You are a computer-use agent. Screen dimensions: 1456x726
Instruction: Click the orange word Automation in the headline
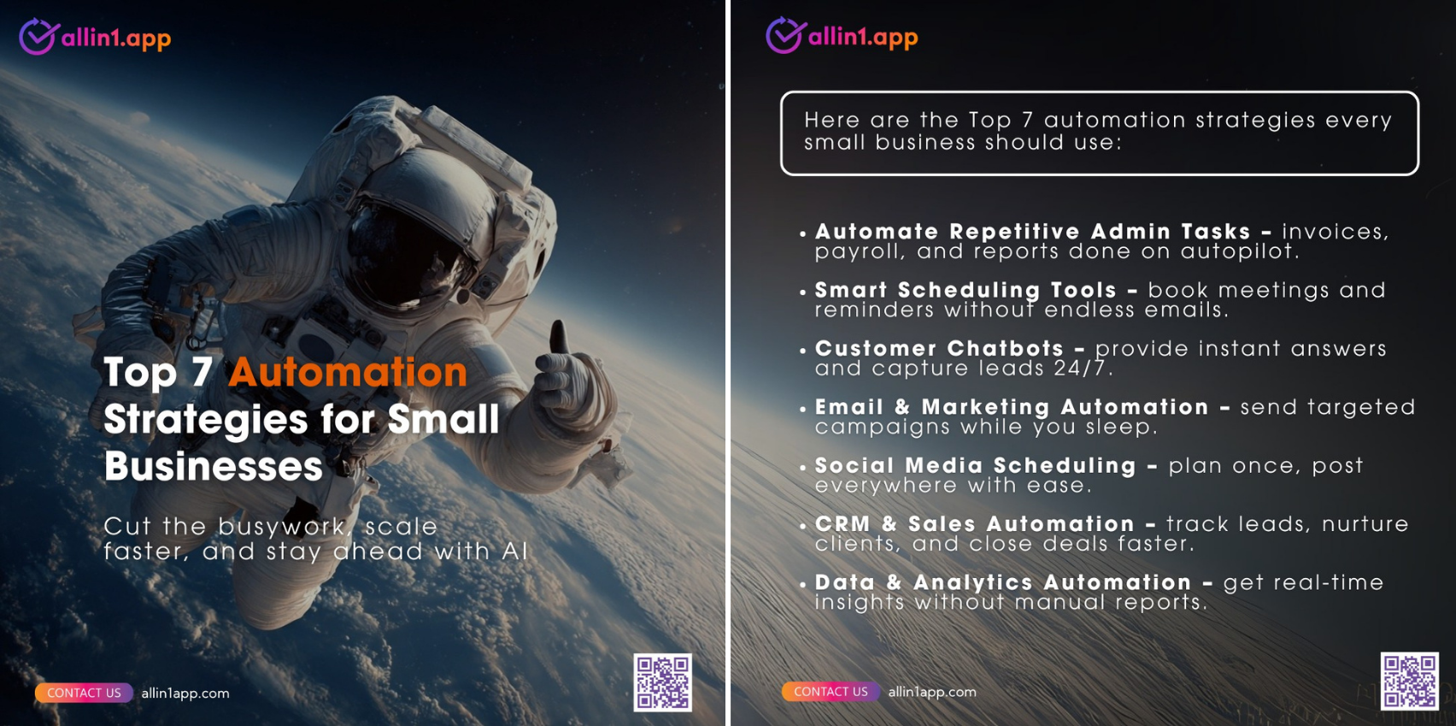(x=348, y=373)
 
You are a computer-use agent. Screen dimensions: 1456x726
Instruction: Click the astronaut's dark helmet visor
(x=406, y=257)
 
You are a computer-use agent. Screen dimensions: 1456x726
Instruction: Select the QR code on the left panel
(x=663, y=682)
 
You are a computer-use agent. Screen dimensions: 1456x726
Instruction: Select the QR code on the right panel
(x=1409, y=682)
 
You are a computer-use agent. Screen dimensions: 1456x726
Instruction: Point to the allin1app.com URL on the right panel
(x=932, y=692)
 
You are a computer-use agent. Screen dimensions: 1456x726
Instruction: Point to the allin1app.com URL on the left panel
(x=185, y=694)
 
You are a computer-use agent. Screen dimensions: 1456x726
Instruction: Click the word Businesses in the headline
(x=214, y=466)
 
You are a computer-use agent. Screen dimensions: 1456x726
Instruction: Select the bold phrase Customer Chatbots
(x=939, y=349)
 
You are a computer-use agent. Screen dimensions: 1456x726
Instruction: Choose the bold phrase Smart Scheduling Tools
(x=966, y=290)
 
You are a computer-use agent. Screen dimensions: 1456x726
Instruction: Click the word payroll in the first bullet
(x=860, y=252)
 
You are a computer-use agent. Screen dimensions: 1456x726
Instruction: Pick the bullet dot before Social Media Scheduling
(x=802, y=467)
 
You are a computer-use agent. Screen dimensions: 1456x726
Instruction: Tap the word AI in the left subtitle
(x=514, y=552)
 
